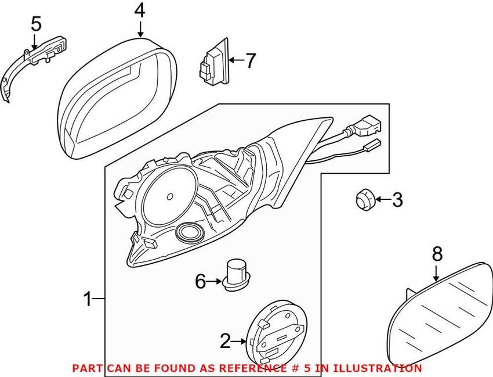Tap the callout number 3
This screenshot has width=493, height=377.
tap(397, 201)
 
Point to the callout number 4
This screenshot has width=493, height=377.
tap(140, 10)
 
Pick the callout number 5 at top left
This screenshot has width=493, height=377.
tap(36, 24)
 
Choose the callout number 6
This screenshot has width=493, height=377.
tap(200, 282)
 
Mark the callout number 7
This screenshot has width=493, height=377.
tap(250, 60)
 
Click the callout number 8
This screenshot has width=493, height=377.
tap(437, 253)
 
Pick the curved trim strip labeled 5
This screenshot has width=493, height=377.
tap(23, 64)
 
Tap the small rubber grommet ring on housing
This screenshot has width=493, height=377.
tap(188, 232)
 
